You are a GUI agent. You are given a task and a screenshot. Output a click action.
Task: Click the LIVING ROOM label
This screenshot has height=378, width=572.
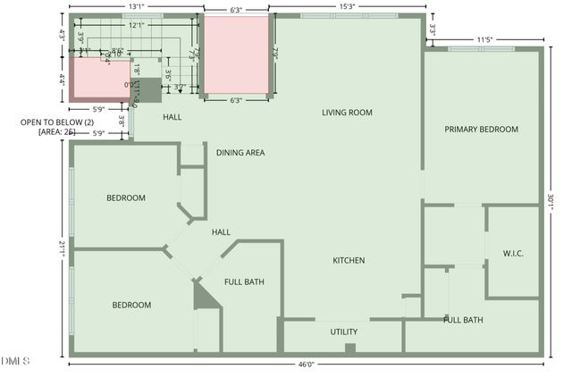pyautogui.click(x=348, y=113)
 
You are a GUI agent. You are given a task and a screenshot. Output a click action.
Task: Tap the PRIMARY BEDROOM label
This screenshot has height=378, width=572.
pyautogui.click(x=481, y=130)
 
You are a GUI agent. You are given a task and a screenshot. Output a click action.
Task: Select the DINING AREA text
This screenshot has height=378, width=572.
pyautogui.click(x=240, y=153)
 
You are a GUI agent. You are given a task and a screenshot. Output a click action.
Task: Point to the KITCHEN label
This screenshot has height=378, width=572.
pyautogui.click(x=349, y=260)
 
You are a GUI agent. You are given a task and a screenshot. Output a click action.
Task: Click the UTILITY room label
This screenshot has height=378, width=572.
pyautogui.click(x=344, y=332)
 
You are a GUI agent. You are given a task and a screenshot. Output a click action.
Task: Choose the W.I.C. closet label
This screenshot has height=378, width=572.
pyautogui.click(x=513, y=254)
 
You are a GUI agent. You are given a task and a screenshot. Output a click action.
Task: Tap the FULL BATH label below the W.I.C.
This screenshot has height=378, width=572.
pyautogui.click(x=463, y=320)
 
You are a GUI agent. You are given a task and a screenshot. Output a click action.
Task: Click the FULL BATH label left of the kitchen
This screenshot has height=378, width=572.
pyautogui.click(x=244, y=282)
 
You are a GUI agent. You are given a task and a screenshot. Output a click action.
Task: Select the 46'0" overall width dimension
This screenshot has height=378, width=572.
pyautogui.click(x=306, y=365)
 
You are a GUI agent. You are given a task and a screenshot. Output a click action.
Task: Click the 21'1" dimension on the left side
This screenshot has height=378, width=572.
pyautogui.click(x=63, y=248)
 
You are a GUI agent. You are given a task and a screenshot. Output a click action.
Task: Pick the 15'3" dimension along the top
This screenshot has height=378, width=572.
pyautogui.click(x=343, y=7)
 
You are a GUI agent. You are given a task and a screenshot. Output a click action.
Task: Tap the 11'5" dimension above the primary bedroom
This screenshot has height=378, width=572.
pyautogui.click(x=484, y=39)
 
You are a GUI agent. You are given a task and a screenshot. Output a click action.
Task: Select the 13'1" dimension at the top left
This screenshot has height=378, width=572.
pyautogui.click(x=137, y=7)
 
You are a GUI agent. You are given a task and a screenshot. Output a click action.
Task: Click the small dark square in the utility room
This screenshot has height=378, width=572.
pyautogui.click(x=350, y=348)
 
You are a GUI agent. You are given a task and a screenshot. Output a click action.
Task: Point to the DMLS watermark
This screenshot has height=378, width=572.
pyautogui.click(x=15, y=361)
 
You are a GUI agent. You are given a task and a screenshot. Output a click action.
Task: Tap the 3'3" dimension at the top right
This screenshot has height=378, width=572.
pyautogui.click(x=433, y=28)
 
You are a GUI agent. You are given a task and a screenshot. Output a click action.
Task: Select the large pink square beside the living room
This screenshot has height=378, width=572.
pyautogui.click(x=236, y=55)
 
